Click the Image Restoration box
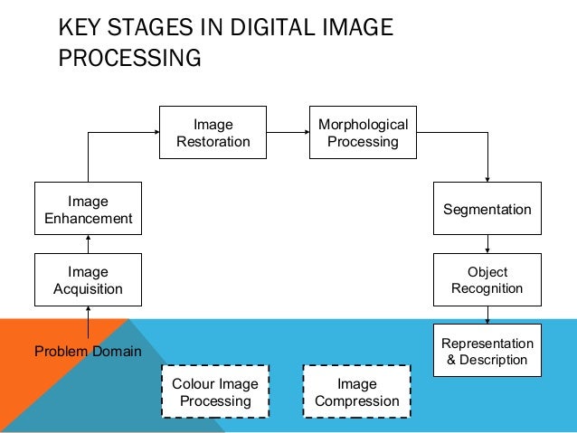[213, 132]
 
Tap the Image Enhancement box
[88, 209]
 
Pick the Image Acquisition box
[88, 280]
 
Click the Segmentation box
[487, 209]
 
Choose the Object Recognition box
[487, 280]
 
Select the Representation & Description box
[487, 351]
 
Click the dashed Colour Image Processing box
[214, 391]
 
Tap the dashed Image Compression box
[355, 391]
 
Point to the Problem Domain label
[88, 351]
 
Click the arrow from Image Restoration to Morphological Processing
[288, 132]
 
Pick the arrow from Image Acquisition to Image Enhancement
[88, 244]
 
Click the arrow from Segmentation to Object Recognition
[487, 244]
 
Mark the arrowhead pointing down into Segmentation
[487, 178]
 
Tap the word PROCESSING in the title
[128, 59]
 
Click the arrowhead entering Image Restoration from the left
[156, 132]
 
